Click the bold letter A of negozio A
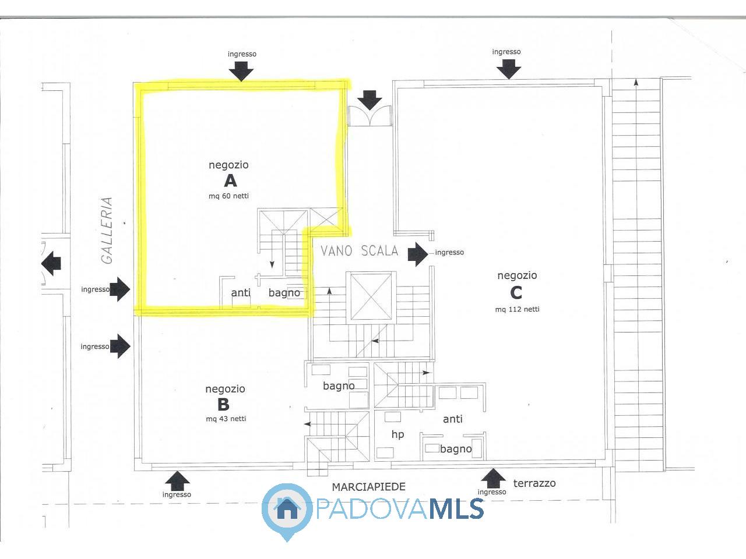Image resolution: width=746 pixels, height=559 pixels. pos(230,181)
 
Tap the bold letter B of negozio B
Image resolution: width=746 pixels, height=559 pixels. pos(223,404)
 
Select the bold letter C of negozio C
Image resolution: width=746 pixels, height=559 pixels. pos(516,293)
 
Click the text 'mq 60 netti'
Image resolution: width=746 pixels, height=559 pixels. pos(228,196)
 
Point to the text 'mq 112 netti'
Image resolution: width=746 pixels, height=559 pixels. pos(518,309)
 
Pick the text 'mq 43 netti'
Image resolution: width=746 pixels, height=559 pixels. pos(226,419)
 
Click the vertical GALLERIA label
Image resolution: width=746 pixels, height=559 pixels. pos(107,231)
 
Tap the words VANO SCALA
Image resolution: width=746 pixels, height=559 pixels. pos(359,251)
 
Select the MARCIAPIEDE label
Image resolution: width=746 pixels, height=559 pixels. pos(369,487)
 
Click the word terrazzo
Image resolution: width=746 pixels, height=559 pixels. pos(534,483)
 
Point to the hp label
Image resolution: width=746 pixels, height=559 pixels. pos(397,434)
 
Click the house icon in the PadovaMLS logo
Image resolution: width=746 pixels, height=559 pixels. pos(287,508)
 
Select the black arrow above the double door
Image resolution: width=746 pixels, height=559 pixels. pos(370,100)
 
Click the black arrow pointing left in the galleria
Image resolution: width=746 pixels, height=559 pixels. pos(51,263)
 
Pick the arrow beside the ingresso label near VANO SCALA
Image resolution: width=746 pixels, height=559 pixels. pos(418,254)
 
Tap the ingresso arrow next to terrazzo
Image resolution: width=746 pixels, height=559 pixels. pos(494,479)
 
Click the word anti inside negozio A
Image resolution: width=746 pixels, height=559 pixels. pos(241,292)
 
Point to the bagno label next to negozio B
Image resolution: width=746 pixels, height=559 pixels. pos(339,386)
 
